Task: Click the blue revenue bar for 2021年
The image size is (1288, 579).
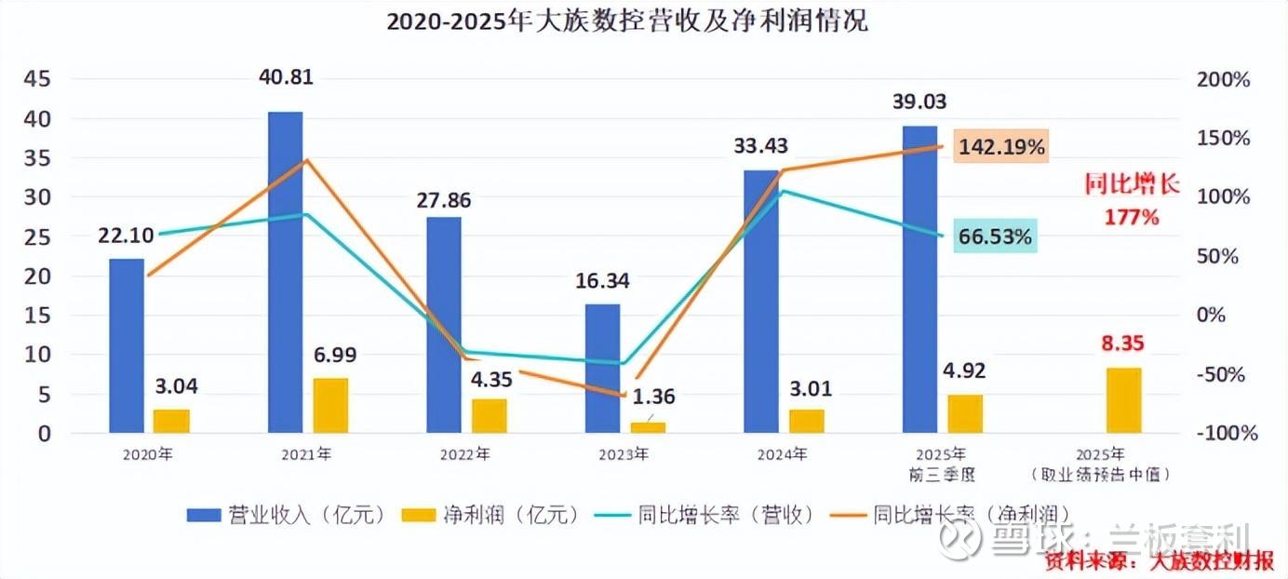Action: [x=285, y=272]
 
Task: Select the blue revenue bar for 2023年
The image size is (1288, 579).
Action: [x=602, y=368]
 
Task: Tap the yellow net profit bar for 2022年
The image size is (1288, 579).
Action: [x=490, y=416]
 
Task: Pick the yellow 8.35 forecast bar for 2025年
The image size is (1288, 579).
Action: [x=1123, y=400]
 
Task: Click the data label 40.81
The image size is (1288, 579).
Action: [x=286, y=76]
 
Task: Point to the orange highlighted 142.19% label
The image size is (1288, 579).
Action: [x=1000, y=146]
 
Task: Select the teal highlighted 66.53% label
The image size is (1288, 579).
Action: [x=995, y=237]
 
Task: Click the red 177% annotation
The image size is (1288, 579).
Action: [x=1132, y=218]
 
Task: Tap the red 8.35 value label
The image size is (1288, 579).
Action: [x=1123, y=343]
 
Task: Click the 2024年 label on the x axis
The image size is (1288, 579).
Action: [x=782, y=455]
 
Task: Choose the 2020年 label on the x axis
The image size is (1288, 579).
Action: [x=148, y=455]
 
